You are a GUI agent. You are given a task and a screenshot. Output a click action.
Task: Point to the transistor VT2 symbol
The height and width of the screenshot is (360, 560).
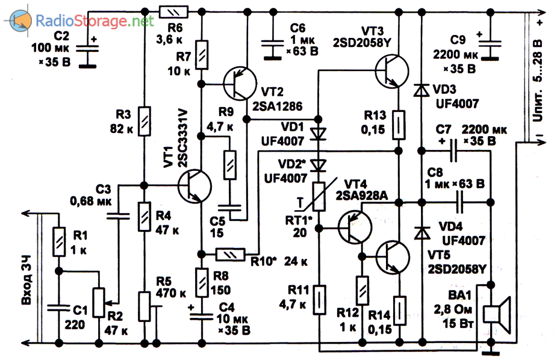coord(239,83)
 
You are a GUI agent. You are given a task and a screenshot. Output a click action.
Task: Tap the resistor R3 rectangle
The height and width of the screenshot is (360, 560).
coord(145,120)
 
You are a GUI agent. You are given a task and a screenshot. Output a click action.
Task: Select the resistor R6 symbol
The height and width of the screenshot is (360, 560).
coord(173,11)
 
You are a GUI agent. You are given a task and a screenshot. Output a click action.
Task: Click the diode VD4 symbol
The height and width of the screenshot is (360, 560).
coord(420,229)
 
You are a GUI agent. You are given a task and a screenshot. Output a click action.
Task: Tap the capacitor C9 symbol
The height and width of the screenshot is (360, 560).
coord(492,45)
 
